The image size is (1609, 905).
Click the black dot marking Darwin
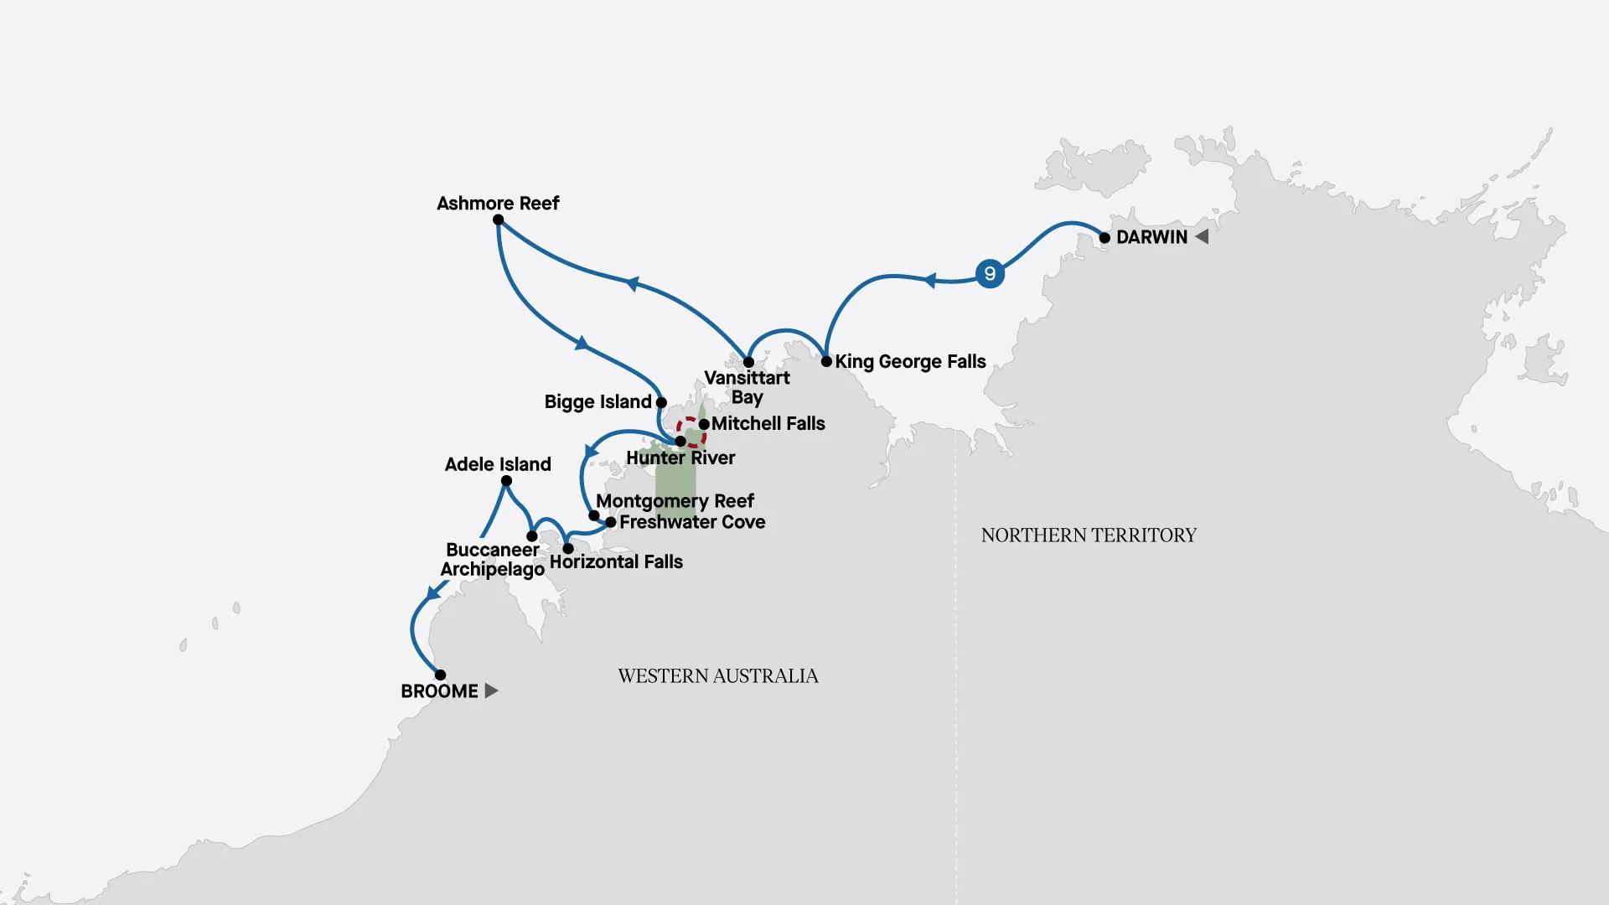click(x=1105, y=238)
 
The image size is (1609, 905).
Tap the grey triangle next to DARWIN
click(x=1202, y=237)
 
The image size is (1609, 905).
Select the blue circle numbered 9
click(x=990, y=273)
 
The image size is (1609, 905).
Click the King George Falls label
click(x=910, y=362)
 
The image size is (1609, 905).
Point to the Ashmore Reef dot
click(x=498, y=220)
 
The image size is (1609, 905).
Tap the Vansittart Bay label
click(x=747, y=387)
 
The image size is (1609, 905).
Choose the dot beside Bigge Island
click(x=661, y=403)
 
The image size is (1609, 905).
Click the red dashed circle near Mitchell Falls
click(x=691, y=432)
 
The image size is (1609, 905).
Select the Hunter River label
click(x=680, y=458)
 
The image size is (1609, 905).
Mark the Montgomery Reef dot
click(x=593, y=515)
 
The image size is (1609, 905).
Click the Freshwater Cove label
click(x=692, y=522)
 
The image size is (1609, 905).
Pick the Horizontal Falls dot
click(x=568, y=549)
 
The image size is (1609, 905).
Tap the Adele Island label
click(x=498, y=464)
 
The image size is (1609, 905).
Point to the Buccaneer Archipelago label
click(x=493, y=560)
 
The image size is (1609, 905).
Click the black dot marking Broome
click(x=440, y=675)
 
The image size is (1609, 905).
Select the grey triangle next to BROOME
click(x=491, y=690)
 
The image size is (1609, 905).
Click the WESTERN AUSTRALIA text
click(x=718, y=676)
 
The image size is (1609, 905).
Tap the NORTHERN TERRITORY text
click(x=1089, y=535)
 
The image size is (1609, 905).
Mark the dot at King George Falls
click(x=826, y=362)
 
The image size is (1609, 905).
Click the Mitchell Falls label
click(x=768, y=424)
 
